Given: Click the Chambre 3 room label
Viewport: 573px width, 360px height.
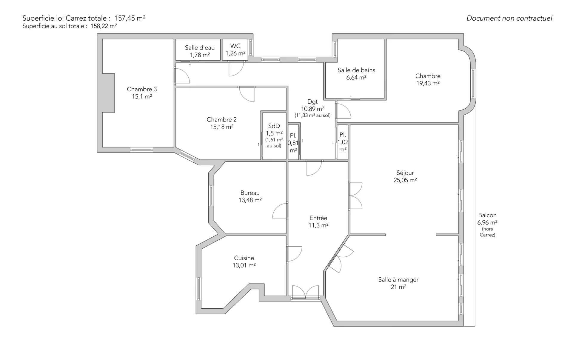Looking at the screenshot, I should (142, 89).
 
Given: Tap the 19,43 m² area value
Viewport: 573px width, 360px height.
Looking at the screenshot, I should (428, 84).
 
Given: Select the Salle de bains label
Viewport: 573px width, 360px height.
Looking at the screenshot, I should (356, 70).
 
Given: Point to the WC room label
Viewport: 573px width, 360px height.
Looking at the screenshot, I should (235, 46).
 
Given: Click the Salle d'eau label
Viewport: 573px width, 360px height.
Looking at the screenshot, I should (200, 47).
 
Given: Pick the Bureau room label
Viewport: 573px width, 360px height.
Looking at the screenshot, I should (250, 193).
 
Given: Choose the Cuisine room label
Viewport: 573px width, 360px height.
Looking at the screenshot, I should (244, 258).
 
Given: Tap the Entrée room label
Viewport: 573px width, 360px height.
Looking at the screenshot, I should (318, 218).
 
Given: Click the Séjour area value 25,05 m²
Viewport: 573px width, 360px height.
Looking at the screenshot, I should (405, 180).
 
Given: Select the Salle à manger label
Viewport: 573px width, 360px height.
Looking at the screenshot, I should (398, 280).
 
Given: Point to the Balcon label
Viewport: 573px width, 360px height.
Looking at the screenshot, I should (487, 215).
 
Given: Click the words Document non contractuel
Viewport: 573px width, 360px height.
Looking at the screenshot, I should (509, 18).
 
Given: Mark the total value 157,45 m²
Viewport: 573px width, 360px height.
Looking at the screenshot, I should (130, 18).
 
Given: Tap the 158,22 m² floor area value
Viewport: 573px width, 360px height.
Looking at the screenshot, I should (104, 26).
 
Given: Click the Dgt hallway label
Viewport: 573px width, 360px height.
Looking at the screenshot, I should (312, 102).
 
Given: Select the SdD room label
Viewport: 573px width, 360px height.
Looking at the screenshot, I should (274, 126).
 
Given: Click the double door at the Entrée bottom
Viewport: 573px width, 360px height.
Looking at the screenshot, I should (305, 292).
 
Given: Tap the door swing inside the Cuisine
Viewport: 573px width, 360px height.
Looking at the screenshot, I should (295, 254).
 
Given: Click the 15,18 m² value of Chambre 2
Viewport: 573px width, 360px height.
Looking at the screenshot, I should (222, 127).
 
